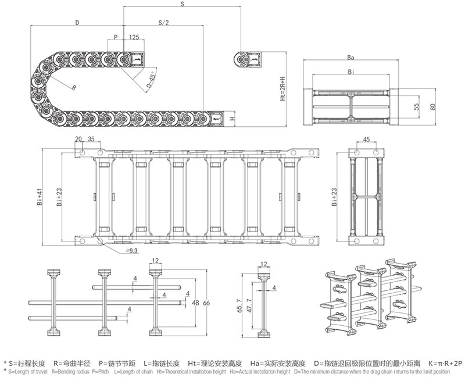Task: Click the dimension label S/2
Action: tap(163, 23)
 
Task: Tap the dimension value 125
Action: tap(134, 37)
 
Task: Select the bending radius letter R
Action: tap(74, 87)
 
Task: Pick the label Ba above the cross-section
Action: tap(350, 58)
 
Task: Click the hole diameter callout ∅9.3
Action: tap(131, 251)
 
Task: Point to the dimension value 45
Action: tap(366, 140)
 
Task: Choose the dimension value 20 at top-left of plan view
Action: tap(78, 140)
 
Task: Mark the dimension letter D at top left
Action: tap(77, 23)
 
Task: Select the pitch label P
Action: tap(116, 37)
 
